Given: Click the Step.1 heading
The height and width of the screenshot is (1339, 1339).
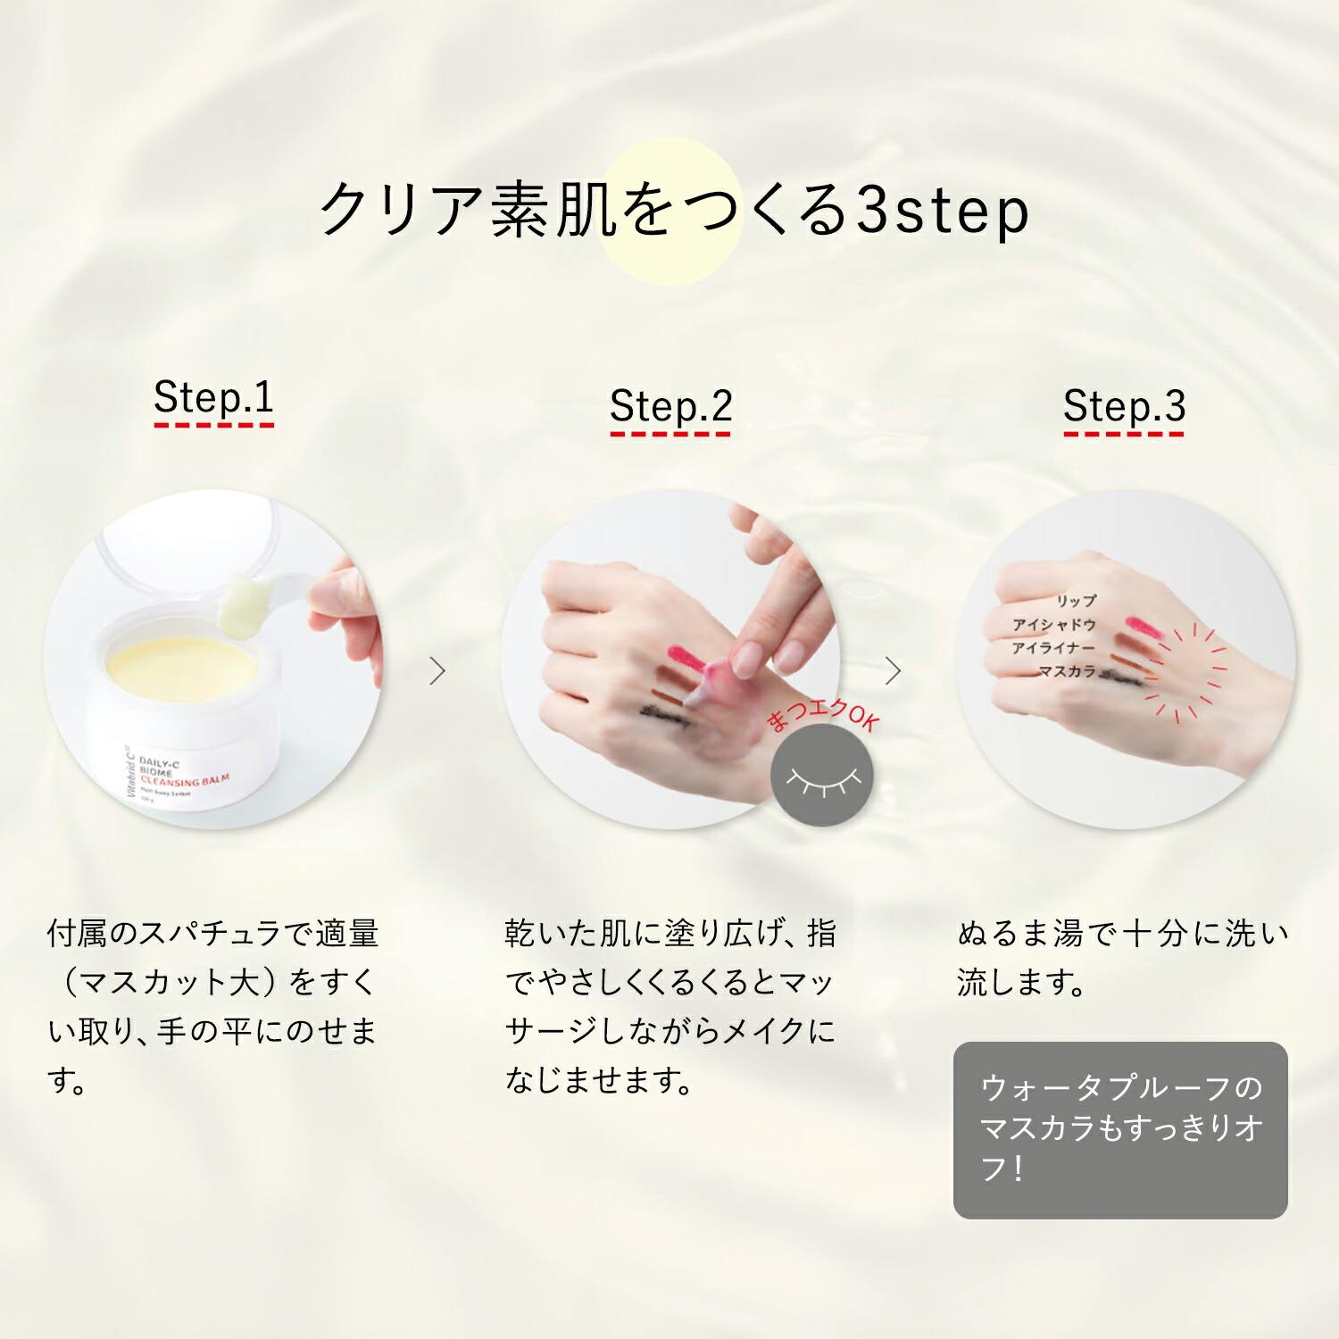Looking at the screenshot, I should pyautogui.click(x=213, y=397).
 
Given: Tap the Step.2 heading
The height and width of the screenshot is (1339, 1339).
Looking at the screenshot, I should pyautogui.click(x=670, y=407).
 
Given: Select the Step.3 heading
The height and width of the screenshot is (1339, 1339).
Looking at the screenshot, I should pyautogui.click(x=1124, y=407).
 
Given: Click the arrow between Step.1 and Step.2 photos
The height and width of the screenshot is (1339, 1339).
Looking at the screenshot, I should pyautogui.click(x=437, y=670).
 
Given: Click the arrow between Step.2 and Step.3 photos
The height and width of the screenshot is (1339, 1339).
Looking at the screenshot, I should pyautogui.click(x=893, y=670).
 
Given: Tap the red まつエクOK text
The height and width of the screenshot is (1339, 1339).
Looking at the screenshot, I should pyautogui.click(x=822, y=714).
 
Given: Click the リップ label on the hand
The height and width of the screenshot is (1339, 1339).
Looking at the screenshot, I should pyautogui.click(x=1076, y=601).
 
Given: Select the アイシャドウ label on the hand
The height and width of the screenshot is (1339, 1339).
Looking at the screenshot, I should pyautogui.click(x=1053, y=624).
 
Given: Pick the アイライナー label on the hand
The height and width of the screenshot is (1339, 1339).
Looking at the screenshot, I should pyautogui.click(x=1052, y=647).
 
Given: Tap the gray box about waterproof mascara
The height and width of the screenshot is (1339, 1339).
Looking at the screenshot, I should pyautogui.click(x=1120, y=1129).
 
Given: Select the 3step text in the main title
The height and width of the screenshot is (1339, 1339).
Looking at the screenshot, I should pyautogui.click(x=943, y=212).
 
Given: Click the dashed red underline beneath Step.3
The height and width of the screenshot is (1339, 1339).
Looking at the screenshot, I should pyautogui.click(x=1123, y=435).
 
